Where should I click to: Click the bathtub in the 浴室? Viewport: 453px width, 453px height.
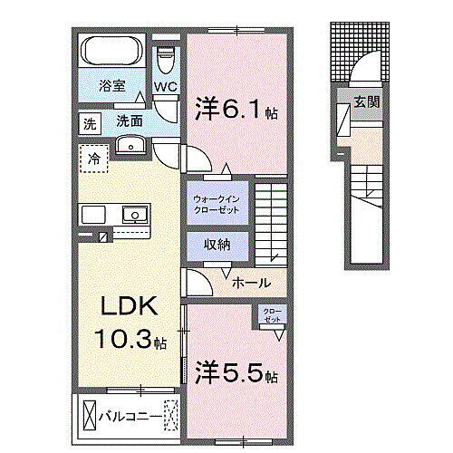(111, 49)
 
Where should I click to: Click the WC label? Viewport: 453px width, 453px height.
(164, 87)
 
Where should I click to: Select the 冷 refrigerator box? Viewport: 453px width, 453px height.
(95, 160)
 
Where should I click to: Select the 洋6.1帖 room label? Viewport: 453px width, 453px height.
(233, 110)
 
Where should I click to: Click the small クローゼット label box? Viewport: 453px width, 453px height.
(272, 317)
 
